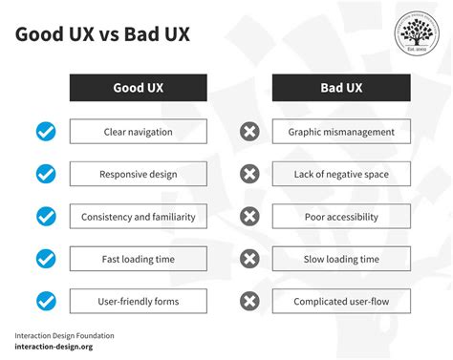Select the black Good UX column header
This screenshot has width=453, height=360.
click(139, 88)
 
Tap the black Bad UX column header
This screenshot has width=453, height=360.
click(341, 88)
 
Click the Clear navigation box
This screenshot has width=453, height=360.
click(139, 131)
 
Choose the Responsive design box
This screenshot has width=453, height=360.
click(139, 174)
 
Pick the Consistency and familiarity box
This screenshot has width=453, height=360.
click(139, 217)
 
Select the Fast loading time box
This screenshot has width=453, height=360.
click(139, 259)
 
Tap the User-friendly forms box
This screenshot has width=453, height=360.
click(139, 302)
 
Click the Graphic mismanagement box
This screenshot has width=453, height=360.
click(341, 131)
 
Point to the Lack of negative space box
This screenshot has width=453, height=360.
click(341, 174)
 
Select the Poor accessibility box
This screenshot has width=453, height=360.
click(341, 217)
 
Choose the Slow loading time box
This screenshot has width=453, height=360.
click(341, 259)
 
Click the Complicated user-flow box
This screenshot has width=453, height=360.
click(341, 302)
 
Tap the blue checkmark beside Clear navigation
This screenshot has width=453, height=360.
click(45, 131)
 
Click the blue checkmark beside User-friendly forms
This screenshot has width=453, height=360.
click(45, 302)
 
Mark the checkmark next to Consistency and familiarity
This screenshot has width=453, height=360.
click(45, 217)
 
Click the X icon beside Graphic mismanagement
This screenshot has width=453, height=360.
click(249, 131)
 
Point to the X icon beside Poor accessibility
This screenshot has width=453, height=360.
click(249, 217)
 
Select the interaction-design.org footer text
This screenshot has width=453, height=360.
click(55, 349)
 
